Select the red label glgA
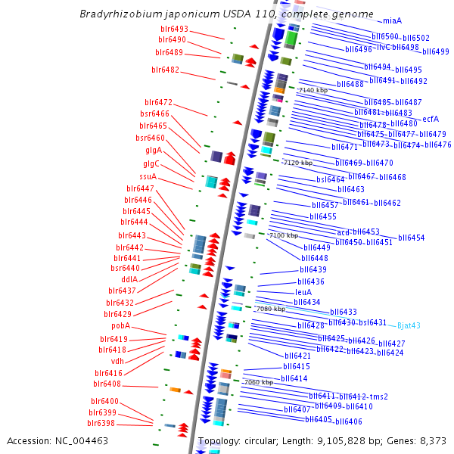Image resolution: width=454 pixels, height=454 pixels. (154, 150)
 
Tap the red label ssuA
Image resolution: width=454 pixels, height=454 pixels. (148, 176)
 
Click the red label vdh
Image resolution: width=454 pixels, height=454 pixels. (117, 361)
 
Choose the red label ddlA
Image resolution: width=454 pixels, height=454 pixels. (129, 279)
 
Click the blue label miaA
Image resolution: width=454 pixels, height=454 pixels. (393, 20)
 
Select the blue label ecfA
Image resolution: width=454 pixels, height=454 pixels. (431, 118)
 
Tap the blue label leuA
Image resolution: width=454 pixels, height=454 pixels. (303, 292)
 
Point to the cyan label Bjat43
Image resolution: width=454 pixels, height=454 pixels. (409, 325)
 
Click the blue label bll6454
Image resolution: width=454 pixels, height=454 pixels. (412, 238)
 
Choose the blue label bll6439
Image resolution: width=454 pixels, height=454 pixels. (313, 269)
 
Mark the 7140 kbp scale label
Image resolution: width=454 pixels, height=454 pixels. (313, 90)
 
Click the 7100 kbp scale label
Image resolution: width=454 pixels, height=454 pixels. (284, 235)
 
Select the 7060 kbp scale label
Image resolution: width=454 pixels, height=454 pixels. (258, 382)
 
